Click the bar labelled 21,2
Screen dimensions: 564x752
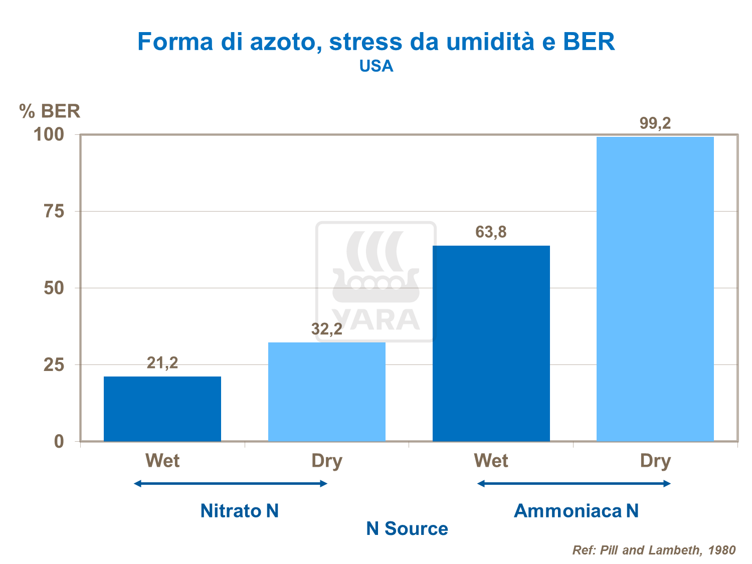162,409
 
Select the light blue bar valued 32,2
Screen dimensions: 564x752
326,392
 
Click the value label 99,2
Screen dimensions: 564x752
655,123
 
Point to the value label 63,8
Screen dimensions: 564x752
491,232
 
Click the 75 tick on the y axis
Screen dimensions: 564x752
54,212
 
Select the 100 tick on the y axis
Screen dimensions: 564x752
49,134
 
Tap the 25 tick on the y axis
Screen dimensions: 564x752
54,365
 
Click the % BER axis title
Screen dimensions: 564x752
50,111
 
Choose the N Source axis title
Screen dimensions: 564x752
407,528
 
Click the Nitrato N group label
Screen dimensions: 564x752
239,511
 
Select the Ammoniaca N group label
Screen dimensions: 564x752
576,511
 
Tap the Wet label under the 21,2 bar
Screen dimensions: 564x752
162,461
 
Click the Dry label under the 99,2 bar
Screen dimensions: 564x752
655,461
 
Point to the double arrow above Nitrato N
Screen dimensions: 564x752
231,484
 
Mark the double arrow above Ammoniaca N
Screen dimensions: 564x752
574,484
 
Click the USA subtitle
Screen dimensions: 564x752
376,66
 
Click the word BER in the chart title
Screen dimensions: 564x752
589,42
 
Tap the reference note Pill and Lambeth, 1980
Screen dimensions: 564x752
654,550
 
